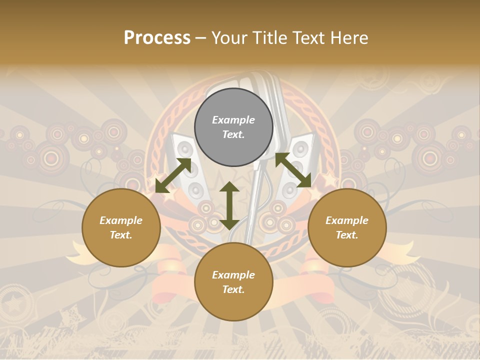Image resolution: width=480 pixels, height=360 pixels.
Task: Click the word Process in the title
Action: coord(157,38)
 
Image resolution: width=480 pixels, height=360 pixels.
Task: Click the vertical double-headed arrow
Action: coord(229,205)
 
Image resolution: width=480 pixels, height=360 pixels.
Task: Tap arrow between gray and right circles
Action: coord(293,170)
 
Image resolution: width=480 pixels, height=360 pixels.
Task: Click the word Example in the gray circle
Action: coord(233,120)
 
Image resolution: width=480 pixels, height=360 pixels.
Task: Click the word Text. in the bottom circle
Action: coord(233,289)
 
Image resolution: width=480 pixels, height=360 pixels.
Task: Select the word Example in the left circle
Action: coord(121,220)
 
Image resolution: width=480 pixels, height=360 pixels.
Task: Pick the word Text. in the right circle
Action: coord(347,235)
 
